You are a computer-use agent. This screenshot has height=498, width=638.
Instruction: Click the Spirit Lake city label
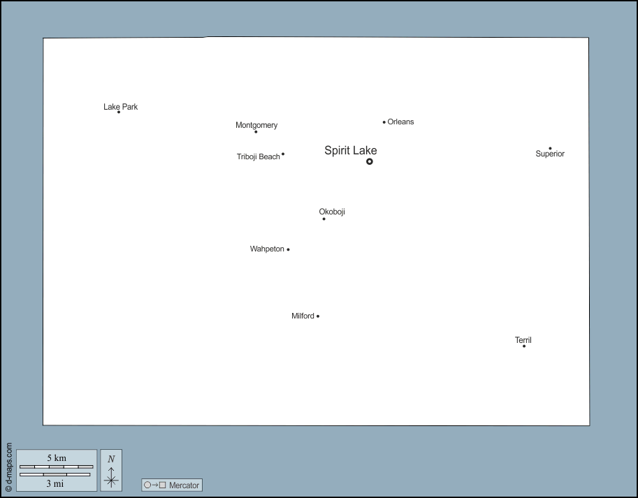click(350, 151)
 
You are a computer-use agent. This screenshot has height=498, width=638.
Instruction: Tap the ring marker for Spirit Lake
click(370, 161)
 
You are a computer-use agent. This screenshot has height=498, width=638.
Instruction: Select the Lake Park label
click(120, 106)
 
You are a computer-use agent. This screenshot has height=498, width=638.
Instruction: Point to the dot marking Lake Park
click(119, 112)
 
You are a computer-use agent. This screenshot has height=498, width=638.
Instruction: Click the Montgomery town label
click(256, 125)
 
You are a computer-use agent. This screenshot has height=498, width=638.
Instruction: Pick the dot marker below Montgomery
click(256, 132)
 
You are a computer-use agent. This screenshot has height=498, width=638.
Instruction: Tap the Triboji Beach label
click(259, 156)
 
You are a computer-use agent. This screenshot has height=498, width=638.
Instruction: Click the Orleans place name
click(400, 122)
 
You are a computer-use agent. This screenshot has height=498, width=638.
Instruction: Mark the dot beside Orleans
click(384, 122)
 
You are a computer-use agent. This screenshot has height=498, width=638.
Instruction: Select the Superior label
click(550, 154)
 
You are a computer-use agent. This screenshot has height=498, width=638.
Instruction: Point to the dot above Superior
click(550, 148)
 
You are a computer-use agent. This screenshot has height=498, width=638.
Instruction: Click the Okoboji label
click(332, 212)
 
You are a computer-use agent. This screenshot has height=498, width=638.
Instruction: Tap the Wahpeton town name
click(267, 249)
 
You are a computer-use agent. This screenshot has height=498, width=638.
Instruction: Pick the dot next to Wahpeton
click(288, 249)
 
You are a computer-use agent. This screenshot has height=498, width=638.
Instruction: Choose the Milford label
click(303, 316)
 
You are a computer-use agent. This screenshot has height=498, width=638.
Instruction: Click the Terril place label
click(523, 340)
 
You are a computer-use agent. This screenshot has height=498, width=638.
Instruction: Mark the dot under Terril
click(524, 346)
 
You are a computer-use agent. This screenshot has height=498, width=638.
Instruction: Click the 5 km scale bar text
click(57, 457)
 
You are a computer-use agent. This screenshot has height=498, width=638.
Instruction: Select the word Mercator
click(184, 485)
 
